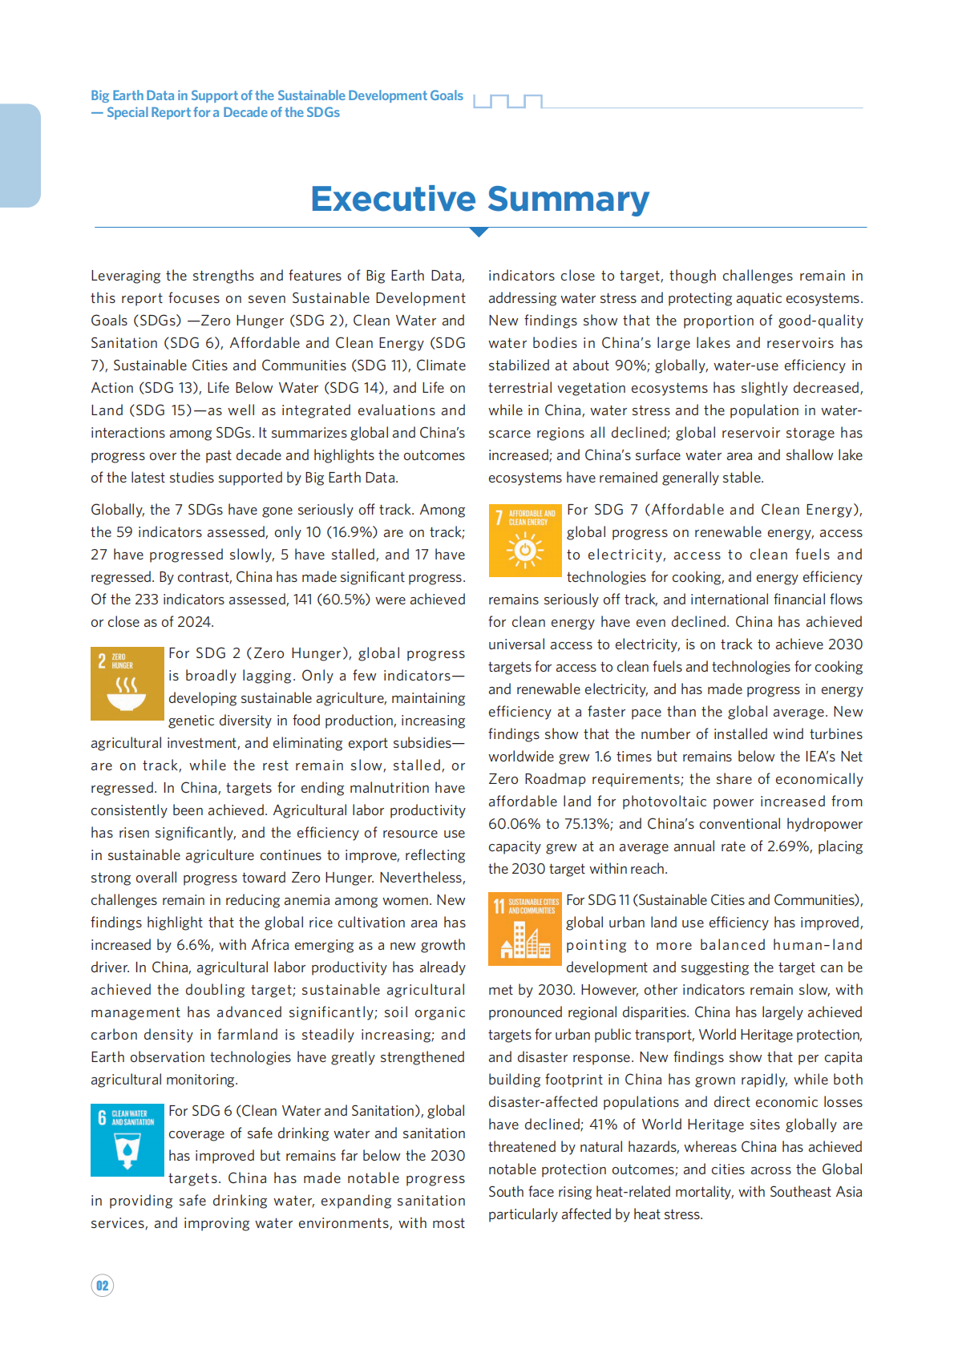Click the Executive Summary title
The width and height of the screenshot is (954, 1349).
479,199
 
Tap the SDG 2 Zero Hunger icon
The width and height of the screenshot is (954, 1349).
127,684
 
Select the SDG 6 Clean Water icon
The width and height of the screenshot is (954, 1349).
127,1140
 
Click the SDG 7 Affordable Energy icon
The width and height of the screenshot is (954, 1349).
524,540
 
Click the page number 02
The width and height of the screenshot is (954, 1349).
103,1286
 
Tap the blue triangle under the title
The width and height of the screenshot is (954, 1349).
479,232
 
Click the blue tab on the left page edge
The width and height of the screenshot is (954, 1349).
20,155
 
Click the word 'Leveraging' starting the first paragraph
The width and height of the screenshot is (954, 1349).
126,276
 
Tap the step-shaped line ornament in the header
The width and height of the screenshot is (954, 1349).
508,101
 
